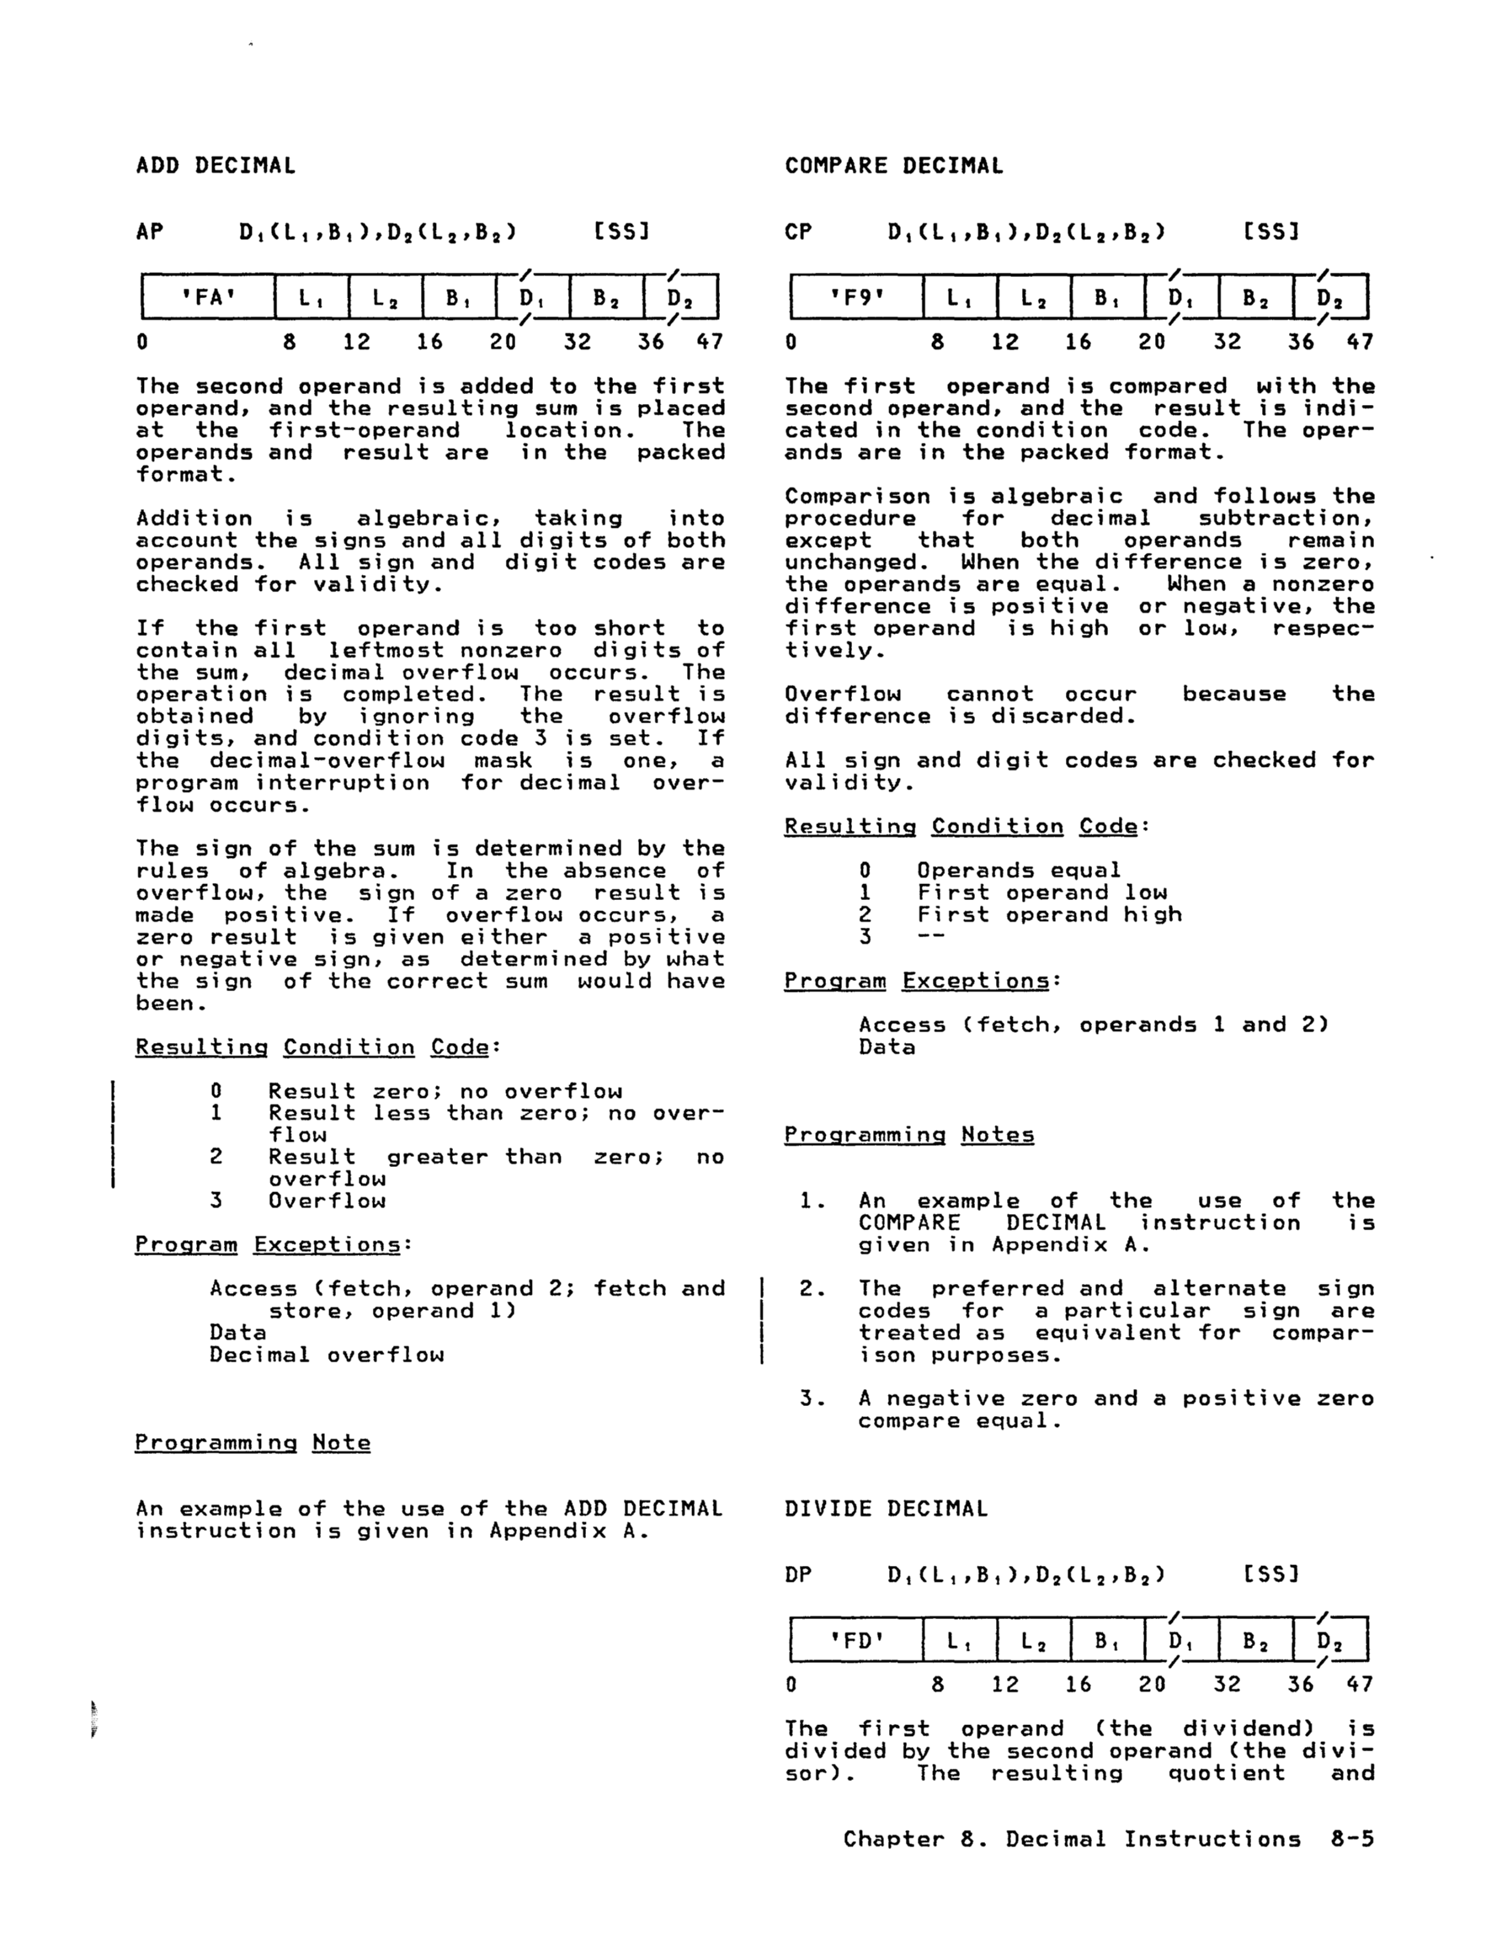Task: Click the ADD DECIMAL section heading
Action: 216,166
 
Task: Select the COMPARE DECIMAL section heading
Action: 893,166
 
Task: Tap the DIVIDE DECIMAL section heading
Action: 886,1509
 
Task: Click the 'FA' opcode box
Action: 208,297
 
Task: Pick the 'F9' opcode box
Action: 856,297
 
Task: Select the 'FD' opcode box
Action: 856,1639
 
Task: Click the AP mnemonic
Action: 150,232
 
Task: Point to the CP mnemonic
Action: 798,232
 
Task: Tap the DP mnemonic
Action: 798,1574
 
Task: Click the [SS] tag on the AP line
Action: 621,232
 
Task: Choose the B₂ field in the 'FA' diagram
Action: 606,297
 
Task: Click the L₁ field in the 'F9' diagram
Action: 960,297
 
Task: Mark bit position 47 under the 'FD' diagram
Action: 1360,1684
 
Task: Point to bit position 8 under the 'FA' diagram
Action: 290,342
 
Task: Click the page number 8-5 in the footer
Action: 1352,1840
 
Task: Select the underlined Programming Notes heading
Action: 909,1135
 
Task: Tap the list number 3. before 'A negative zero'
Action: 812,1398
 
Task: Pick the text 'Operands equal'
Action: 1019,870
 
